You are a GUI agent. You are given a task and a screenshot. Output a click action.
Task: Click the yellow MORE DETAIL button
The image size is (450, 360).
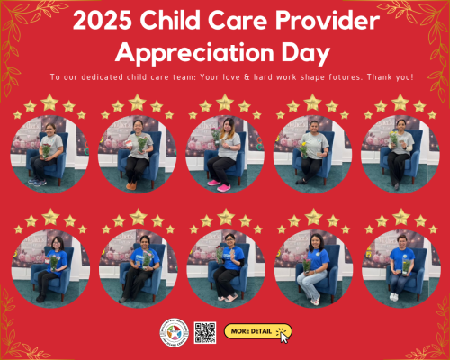point(254,331)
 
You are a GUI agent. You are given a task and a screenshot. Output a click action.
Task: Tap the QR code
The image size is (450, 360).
point(205,332)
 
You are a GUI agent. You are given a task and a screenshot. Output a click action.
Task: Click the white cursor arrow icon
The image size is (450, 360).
point(285,336)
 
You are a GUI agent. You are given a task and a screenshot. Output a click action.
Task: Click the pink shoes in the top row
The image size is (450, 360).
point(218,186)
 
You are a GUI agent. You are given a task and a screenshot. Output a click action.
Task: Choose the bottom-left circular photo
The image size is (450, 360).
point(49,267)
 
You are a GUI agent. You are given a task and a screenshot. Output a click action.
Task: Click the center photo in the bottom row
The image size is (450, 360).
point(225,267)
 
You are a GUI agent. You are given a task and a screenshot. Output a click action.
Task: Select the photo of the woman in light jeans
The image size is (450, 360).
point(312,267)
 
